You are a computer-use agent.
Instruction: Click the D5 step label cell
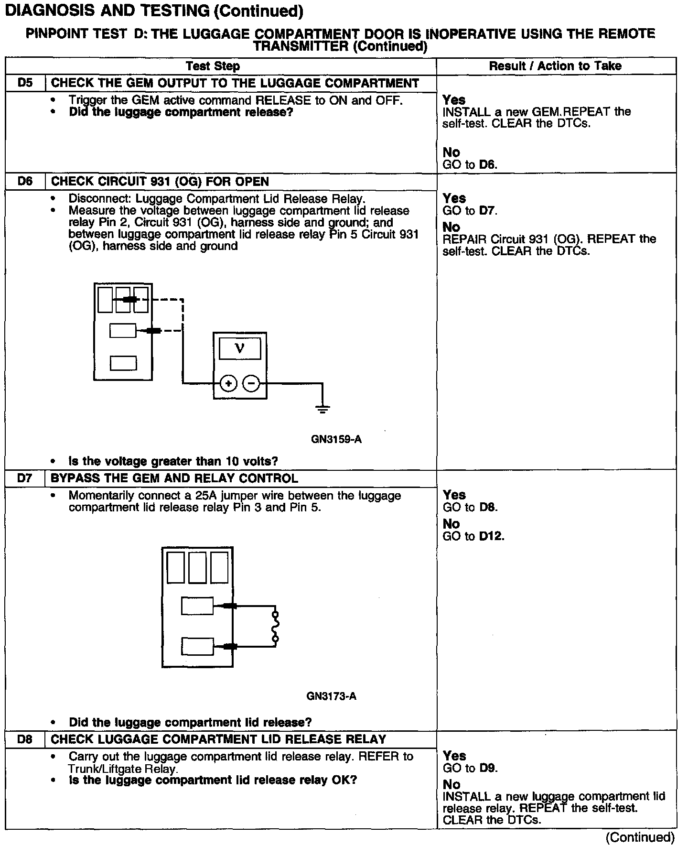click(25, 83)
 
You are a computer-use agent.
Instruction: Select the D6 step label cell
click(25, 182)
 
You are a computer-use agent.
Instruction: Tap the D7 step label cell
click(25, 478)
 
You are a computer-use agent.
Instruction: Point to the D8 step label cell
click(25, 739)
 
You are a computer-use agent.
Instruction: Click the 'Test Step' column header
click(213, 66)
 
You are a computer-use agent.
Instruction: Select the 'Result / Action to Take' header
click(555, 66)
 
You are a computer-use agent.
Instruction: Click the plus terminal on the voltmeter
click(229, 383)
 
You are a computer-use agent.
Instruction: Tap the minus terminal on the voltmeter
click(251, 383)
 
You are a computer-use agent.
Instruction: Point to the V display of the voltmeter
click(240, 348)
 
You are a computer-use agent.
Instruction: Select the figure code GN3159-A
click(336, 439)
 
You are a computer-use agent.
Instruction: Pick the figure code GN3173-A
click(331, 696)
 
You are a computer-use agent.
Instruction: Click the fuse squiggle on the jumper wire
click(275, 626)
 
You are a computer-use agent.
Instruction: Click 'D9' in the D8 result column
click(488, 768)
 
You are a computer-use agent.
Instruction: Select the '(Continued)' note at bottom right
click(640, 837)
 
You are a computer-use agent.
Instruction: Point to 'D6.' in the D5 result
click(488, 165)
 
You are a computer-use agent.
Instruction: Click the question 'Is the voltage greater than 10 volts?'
click(173, 461)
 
